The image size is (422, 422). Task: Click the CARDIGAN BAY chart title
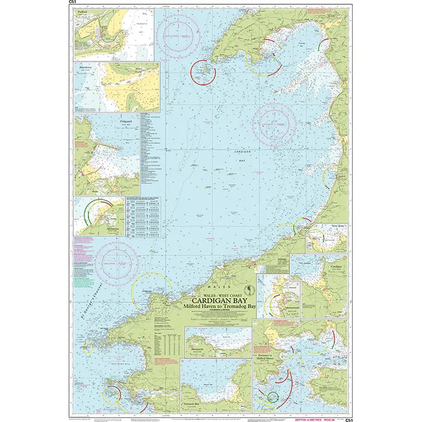click(217, 299)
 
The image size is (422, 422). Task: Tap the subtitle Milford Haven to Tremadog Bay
click(217, 307)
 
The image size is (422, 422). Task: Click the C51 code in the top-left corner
click(73, 3)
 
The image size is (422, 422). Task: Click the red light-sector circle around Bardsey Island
click(203, 72)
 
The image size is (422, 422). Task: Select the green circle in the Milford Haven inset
click(273, 397)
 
